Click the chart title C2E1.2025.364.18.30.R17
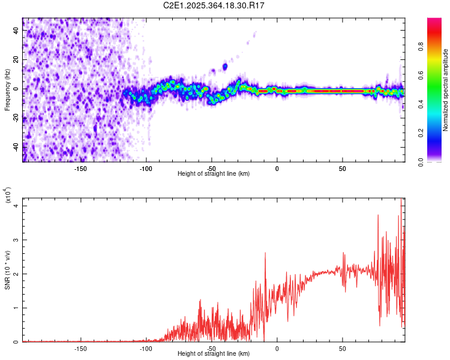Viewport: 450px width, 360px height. coord(214,5)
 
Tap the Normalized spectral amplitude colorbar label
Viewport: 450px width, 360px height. coord(446,90)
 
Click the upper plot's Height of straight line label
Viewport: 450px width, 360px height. coord(214,173)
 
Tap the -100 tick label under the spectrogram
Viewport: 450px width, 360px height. coord(146,168)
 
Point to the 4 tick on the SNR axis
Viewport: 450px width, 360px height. coord(17,206)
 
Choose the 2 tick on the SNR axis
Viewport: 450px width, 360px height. coord(17,274)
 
